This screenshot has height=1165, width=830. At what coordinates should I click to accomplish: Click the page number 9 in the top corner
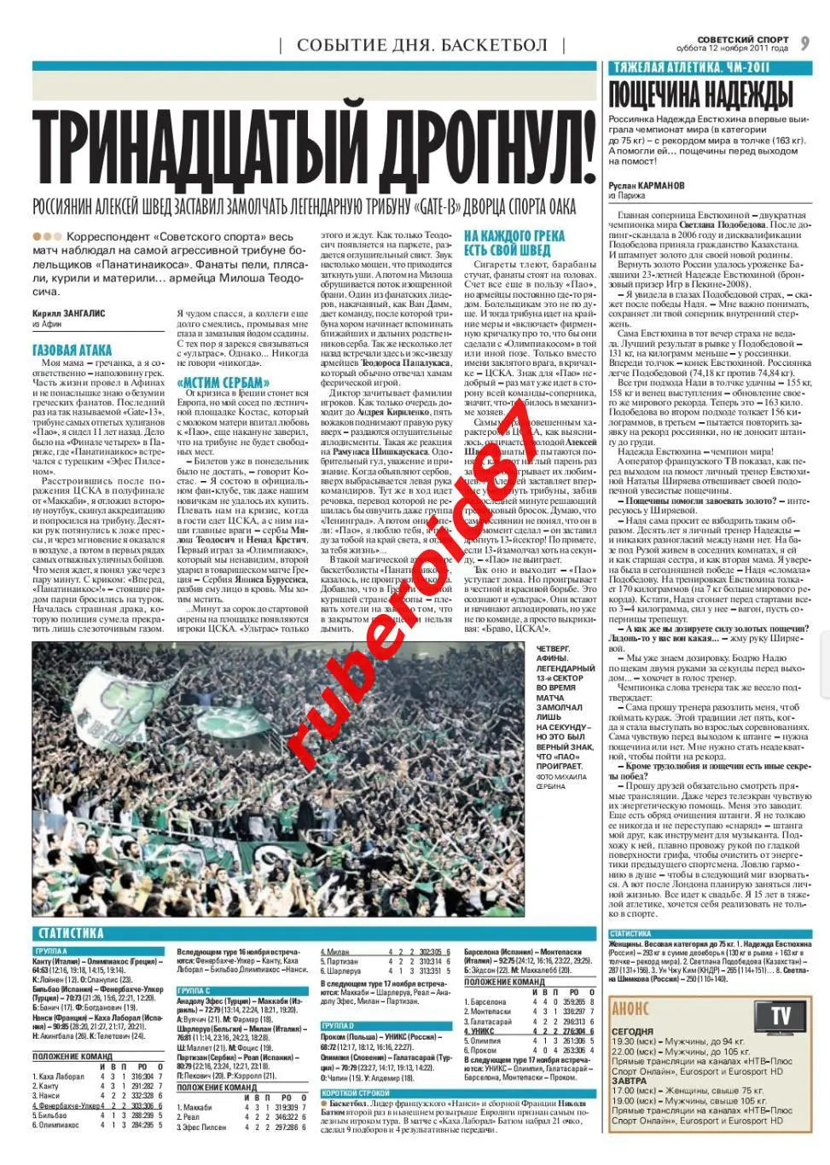point(806,43)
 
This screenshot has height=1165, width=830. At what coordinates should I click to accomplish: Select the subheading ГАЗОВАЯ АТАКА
point(72,350)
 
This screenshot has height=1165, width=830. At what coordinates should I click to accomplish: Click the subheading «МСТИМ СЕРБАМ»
point(223,382)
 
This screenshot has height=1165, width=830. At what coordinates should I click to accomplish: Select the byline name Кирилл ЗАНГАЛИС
point(68,313)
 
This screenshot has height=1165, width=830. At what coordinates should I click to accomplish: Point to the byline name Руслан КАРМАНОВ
point(647,184)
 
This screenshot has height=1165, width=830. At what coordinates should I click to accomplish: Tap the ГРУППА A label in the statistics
point(51,950)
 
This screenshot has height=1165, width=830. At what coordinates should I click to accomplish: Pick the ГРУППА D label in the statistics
point(339,1025)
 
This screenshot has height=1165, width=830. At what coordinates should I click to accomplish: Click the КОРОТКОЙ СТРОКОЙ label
point(357,1093)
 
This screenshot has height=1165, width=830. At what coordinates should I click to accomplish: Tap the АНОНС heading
point(630,1010)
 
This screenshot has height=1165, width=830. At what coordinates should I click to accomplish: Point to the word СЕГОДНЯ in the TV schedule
point(633,1031)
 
